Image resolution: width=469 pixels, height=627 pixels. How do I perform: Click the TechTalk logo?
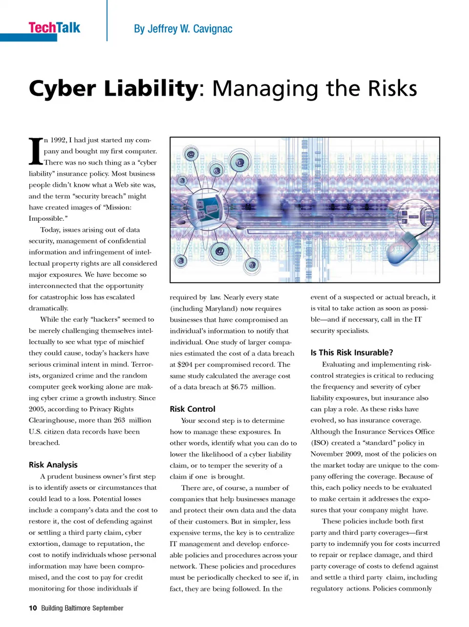54,28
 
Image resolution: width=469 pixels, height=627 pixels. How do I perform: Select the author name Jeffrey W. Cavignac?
183,29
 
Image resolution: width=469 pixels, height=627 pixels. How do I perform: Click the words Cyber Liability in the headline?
113,89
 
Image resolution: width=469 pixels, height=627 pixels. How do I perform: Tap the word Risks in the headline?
392,89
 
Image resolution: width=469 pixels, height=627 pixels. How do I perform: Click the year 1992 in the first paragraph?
59,140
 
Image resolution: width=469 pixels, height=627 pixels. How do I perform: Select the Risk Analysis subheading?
53,465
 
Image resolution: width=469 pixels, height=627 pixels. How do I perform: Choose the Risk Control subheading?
192,409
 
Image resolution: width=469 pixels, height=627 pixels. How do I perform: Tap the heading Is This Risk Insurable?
352,353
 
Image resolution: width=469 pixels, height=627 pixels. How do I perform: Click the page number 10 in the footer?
33,608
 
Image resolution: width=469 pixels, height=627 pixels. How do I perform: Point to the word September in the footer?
108,608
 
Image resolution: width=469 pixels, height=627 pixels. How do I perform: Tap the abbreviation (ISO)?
320,443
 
